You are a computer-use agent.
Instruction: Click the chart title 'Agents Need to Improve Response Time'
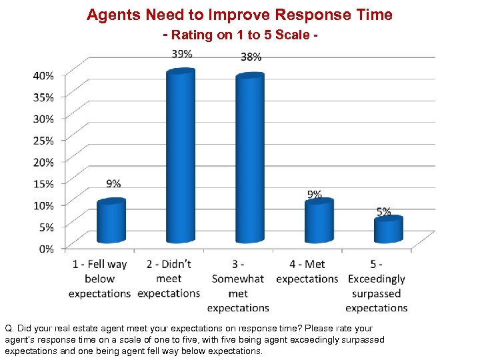point(239,15)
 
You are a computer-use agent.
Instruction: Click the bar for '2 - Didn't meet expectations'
point(181,157)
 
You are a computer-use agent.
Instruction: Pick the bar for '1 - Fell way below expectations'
point(111,221)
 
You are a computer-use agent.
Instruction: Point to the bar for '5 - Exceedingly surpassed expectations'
point(388,229)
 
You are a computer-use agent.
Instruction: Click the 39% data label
point(181,53)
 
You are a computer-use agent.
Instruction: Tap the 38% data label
point(251,57)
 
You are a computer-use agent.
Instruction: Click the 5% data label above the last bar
point(383,211)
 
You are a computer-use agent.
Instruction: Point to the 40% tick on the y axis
point(44,75)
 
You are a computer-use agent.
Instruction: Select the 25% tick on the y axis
point(44,140)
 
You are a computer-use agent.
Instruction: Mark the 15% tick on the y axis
point(44,183)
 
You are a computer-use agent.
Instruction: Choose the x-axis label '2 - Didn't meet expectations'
point(169,279)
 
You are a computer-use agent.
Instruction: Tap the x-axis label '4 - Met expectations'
point(307,271)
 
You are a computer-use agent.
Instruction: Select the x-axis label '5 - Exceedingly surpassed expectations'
point(377,286)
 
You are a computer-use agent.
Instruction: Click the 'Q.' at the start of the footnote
point(9,329)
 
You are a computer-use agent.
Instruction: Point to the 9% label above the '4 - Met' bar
point(314,194)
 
